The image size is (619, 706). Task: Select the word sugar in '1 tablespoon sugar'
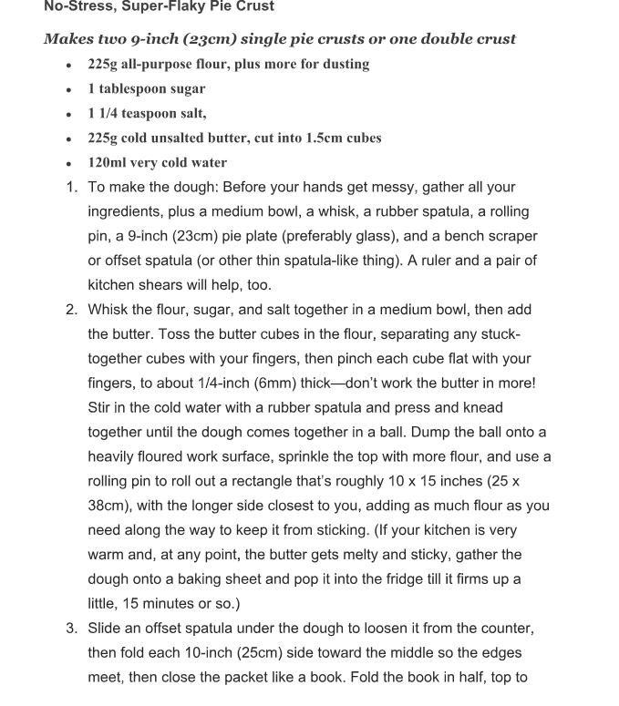pos(188,89)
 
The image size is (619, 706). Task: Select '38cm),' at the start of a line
pos(111,506)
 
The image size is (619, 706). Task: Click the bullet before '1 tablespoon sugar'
pos(69,90)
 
